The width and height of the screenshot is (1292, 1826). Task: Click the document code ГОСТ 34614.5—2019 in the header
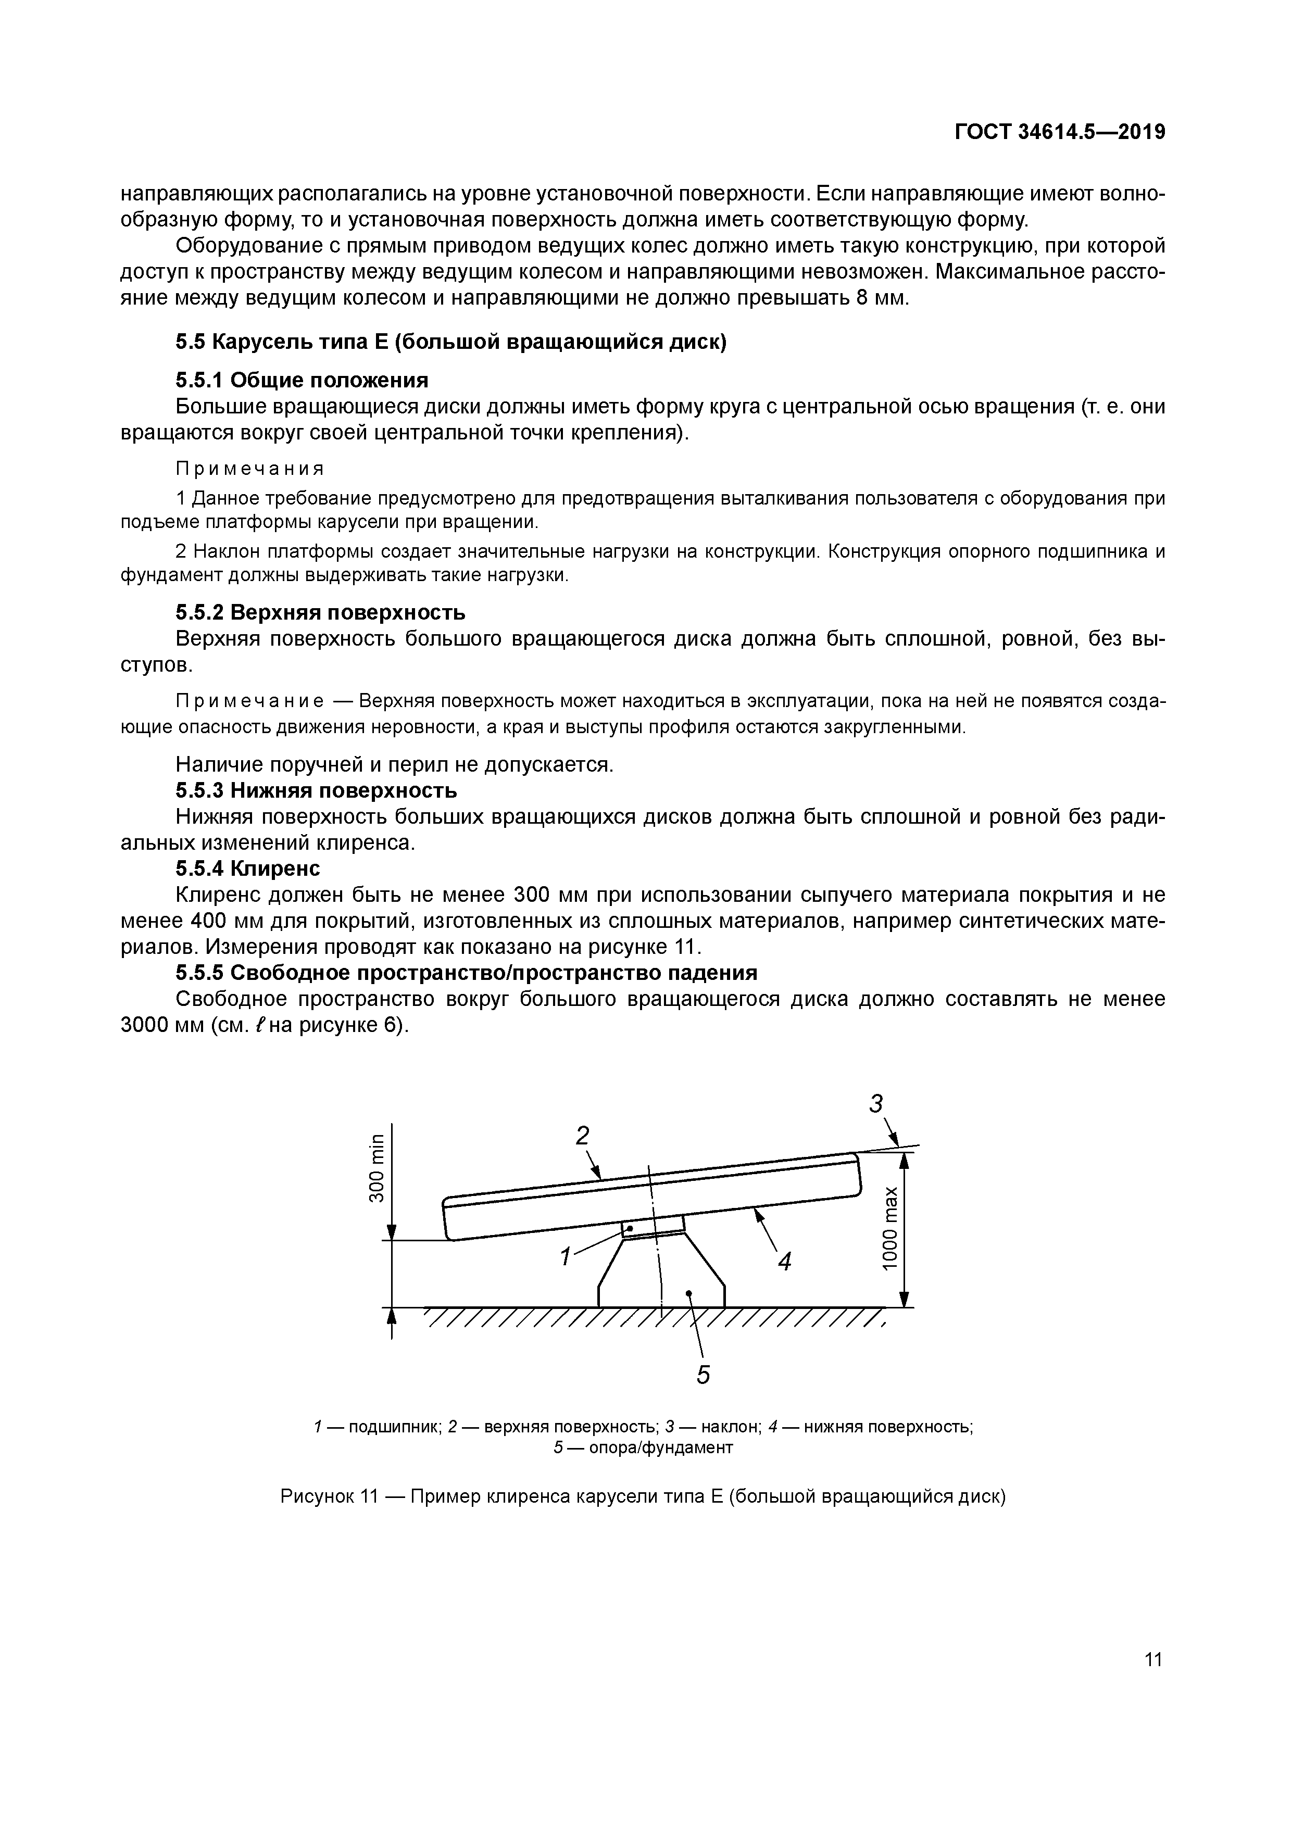[1060, 132]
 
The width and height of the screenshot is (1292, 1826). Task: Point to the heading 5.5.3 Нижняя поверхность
[316, 790]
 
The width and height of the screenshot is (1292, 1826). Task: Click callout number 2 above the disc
[583, 1136]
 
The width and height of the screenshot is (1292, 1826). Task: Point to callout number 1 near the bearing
[566, 1257]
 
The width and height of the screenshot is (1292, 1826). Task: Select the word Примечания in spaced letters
[250, 468]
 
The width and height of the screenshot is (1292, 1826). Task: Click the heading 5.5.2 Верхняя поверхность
[320, 612]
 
